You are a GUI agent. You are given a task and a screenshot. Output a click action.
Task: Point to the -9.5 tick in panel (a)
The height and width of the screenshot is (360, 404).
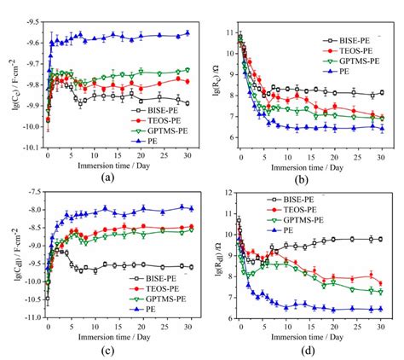(31, 19)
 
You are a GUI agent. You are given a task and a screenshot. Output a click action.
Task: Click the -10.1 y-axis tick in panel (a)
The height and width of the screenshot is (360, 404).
(29, 147)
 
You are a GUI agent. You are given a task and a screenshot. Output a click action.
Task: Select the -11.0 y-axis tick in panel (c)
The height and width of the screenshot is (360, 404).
(29, 316)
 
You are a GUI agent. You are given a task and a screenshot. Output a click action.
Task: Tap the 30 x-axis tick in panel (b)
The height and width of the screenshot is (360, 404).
(382, 155)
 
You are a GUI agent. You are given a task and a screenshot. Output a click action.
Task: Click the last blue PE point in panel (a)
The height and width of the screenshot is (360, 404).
(188, 33)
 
